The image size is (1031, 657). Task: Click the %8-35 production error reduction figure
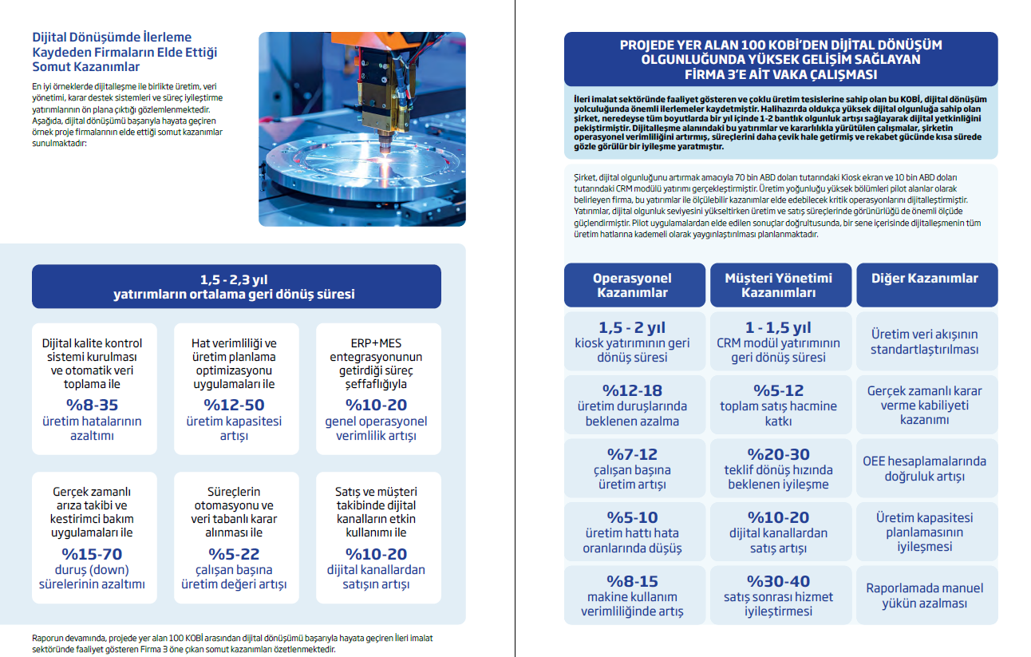point(93,404)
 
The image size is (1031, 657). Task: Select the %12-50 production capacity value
point(234,404)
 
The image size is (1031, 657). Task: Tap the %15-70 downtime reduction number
point(93,553)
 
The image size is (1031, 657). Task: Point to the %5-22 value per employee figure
point(234,553)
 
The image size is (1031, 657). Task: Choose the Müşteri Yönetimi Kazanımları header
point(778,285)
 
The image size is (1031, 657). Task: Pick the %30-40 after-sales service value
point(778,581)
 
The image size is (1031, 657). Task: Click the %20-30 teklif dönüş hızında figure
point(778,454)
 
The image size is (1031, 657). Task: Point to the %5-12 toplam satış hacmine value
point(778,390)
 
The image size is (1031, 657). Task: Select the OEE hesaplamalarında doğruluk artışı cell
point(924,469)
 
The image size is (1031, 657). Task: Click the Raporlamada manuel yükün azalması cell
point(924,596)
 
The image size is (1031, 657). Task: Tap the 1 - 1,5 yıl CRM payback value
point(778,327)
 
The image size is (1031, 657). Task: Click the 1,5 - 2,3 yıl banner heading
point(235,279)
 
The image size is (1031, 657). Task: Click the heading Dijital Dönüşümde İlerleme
point(112,38)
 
